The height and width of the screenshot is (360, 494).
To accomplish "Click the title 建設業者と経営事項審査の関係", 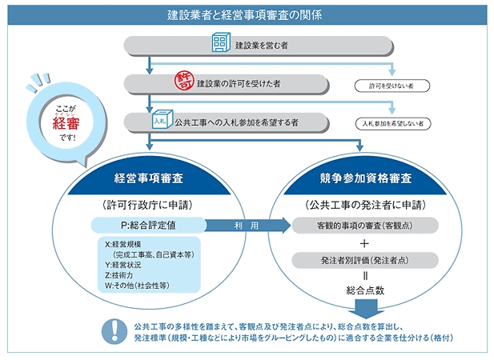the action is [x=244, y=14].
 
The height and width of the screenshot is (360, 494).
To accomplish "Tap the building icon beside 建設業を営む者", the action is [x=221, y=42].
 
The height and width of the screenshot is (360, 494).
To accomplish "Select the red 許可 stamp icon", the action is [x=184, y=82].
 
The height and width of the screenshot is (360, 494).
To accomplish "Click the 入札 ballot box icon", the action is [x=163, y=119].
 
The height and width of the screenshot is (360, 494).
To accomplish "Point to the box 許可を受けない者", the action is [x=392, y=86].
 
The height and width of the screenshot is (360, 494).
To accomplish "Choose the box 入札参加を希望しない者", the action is [x=392, y=124].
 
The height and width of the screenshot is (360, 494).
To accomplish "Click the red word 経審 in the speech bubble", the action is [x=66, y=124].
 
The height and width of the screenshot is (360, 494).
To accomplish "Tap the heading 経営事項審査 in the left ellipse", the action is [x=148, y=178].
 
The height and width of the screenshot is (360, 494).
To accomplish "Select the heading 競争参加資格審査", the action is [x=365, y=178].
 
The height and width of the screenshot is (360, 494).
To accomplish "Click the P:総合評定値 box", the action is [x=148, y=226].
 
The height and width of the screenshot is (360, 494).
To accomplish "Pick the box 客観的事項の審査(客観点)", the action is [x=365, y=226].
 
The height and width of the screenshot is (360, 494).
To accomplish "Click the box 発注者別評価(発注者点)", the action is [x=365, y=260].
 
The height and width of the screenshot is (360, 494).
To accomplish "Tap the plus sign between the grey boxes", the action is [x=364, y=243].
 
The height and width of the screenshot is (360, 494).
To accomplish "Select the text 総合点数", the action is [x=365, y=290].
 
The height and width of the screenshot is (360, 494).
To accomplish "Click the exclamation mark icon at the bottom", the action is [x=114, y=331].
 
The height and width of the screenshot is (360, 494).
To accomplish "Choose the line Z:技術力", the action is [x=118, y=275].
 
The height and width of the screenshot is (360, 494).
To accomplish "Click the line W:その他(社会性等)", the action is [x=137, y=286].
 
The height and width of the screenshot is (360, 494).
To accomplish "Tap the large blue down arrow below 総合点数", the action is [x=366, y=309].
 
